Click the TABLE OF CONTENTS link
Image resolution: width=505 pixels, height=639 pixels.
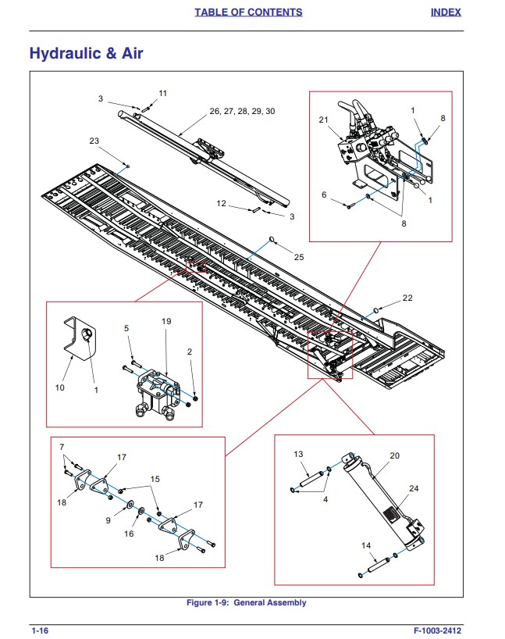248,12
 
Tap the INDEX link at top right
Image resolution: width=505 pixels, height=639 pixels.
446,12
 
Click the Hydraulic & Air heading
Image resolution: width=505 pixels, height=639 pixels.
86,54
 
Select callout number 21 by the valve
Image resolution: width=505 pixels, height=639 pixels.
324,120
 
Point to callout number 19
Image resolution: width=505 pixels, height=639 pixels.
165,321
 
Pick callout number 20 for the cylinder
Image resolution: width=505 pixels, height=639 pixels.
394,455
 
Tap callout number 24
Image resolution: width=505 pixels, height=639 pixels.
414,489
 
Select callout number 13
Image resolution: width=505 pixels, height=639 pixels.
298,454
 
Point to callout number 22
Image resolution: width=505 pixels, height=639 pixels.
407,298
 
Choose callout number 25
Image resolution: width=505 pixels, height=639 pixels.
299,257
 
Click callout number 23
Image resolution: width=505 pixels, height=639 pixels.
94,141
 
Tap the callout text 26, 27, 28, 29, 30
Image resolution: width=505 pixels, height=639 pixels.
242,111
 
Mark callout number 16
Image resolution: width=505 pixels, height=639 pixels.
130,534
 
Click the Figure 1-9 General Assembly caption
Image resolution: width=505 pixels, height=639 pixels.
246,602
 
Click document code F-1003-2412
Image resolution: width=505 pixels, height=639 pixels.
443,630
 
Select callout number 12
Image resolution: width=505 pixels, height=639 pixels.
222,203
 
